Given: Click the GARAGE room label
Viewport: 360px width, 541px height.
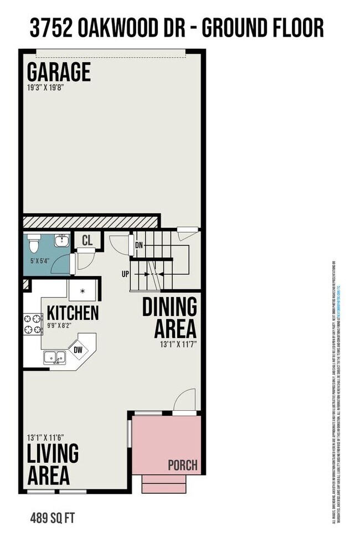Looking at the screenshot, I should [x=59, y=73].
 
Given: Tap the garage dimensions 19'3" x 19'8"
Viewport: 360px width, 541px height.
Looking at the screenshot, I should [x=46, y=88].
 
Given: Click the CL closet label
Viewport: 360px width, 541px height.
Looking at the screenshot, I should [x=87, y=240].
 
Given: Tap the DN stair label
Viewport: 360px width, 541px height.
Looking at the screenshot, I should [x=138, y=244].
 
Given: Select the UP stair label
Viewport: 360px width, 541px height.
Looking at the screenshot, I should [x=126, y=273].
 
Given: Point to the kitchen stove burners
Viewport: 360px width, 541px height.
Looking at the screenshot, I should [x=32, y=324].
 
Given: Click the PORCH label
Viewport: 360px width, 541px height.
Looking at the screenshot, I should [x=182, y=465].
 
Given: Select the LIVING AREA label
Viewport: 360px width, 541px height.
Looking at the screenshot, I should [x=53, y=464].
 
